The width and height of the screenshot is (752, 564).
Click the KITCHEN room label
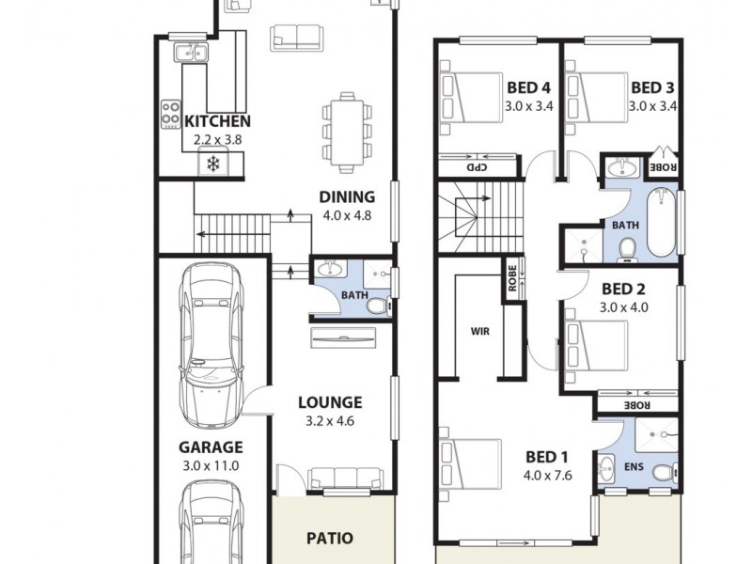(x=217, y=121)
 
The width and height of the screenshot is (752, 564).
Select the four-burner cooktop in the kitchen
(x=171, y=115)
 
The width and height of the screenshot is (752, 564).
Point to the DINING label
(x=347, y=197)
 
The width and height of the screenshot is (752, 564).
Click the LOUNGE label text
(x=330, y=402)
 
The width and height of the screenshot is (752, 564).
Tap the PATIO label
(x=330, y=539)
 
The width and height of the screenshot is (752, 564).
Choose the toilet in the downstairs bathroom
(x=377, y=305)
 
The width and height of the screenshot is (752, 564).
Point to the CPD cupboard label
(x=477, y=167)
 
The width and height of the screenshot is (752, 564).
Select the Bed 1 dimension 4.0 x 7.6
(x=548, y=475)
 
